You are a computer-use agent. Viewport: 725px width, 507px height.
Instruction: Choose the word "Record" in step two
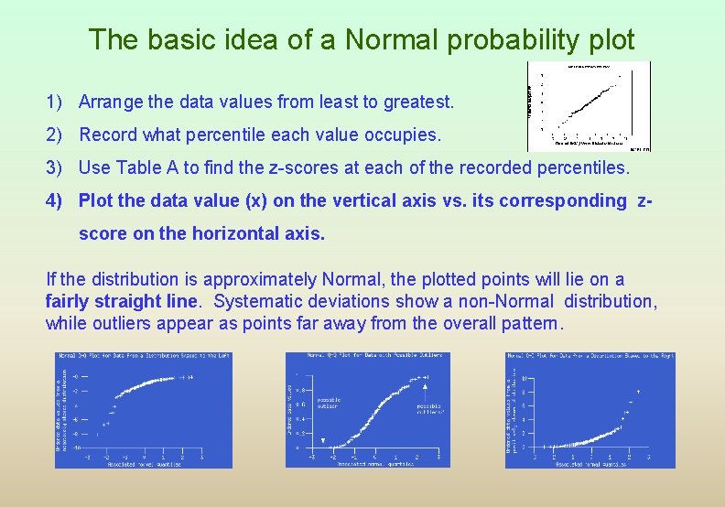[x=107, y=135]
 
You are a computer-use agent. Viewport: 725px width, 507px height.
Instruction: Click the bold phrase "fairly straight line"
[x=120, y=301]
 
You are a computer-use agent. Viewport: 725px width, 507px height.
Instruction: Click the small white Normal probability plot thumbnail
[x=589, y=105]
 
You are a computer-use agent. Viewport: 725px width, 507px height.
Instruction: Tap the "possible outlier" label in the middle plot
[x=329, y=403]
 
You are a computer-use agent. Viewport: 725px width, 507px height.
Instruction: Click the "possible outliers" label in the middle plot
[x=430, y=408]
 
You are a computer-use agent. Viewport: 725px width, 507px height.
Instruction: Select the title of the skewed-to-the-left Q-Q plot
[x=144, y=356]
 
